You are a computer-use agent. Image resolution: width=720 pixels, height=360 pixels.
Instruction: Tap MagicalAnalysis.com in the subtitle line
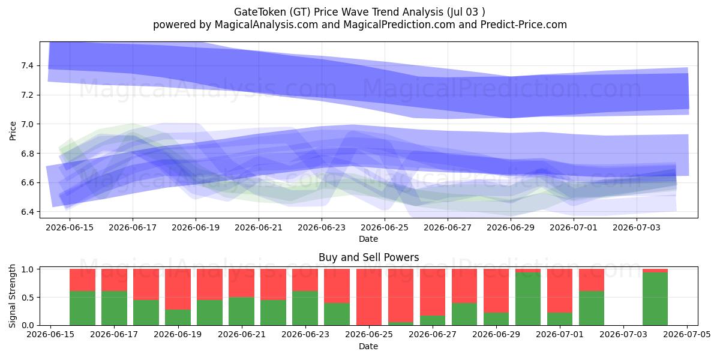click(266, 25)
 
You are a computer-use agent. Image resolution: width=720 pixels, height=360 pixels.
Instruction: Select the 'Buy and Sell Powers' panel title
click(368, 257)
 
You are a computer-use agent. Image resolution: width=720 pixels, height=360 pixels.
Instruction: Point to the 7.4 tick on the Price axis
click(26, 66)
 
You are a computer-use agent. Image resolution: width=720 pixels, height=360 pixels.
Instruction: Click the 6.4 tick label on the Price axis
click(26, 212)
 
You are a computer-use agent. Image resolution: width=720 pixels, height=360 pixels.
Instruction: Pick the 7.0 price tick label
click(26, 124)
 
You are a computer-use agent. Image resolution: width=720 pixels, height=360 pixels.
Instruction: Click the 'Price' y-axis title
click(13, 131)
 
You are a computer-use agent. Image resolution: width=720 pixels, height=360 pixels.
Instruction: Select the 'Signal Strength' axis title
click(12, 296)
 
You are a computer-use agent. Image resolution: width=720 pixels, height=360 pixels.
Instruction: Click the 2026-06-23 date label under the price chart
click(322, 227)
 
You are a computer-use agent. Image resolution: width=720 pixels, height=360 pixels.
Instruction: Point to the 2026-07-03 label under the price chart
click(637, 227)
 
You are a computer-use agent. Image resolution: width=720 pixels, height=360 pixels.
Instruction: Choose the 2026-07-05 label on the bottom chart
click(687, 334)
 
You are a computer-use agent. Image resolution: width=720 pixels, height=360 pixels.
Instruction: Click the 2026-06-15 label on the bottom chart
click(50, 334)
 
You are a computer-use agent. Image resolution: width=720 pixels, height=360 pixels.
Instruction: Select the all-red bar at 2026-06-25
click(368, 297)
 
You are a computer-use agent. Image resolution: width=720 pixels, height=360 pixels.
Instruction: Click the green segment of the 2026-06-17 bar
click(114, 308)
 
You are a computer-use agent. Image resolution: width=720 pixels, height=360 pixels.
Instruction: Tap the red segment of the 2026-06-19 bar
click(178, 289)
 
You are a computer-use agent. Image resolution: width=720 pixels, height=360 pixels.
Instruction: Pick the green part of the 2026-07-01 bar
click(560, 319)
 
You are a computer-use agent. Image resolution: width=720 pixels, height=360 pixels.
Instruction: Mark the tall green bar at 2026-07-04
click(655, 299)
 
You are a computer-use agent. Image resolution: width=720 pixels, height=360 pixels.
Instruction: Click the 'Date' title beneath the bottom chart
click(368, 346)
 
